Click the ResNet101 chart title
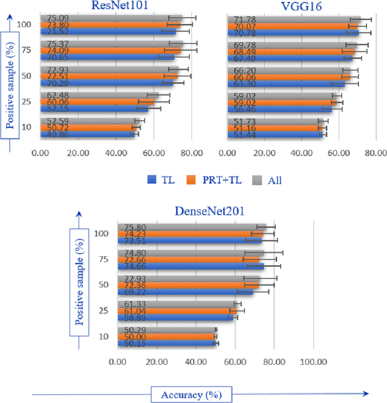pos(120,6)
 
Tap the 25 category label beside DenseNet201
pos(102,310)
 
